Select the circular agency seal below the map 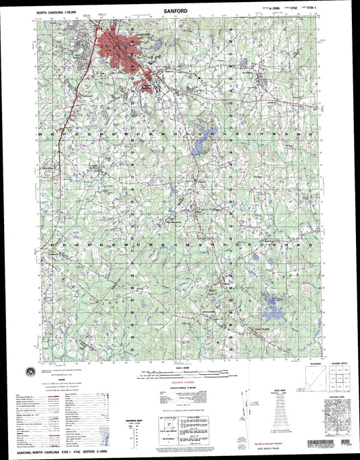31,369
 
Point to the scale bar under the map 179,371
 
